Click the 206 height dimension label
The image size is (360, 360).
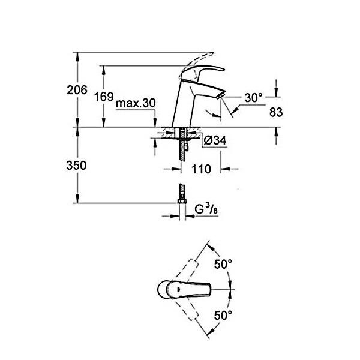tap(77, 90)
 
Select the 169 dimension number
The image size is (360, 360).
tap(104, 97)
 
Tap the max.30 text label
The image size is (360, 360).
tap(136, 103)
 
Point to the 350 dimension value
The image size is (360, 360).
tap(76, 166)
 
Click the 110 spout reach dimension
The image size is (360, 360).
tap(201, 169)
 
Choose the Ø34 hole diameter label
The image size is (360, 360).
tap(215, 140)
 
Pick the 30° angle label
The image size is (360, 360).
tap(253, 98)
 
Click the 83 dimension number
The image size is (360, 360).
tap(276, 112)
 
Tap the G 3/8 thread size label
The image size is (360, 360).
tap(206, 209)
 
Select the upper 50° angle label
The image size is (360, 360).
tap(223, 264)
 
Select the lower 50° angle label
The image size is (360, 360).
tap(223, 315)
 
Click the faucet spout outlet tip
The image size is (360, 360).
tap(220, 96)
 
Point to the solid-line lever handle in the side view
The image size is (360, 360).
tap(202, 73)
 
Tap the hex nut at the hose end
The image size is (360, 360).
tap(182, 202)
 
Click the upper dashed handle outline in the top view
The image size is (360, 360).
tap(187, 271)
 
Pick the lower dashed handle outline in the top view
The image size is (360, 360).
tap(187, 308)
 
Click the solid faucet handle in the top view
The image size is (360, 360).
tap(184, 290)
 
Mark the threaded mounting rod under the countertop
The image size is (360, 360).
tap(183, 145)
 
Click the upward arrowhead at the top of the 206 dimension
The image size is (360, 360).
tap(77, 56)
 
